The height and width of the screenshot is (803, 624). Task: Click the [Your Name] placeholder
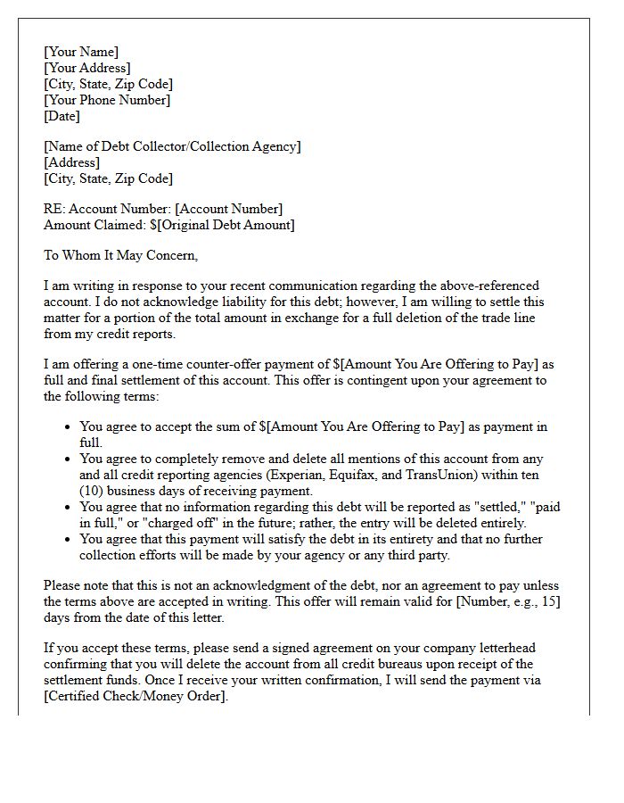[x=81, y=52]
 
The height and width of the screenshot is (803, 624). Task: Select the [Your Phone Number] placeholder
[x=107, y=100]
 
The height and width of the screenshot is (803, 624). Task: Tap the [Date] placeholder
[x=62, y=116]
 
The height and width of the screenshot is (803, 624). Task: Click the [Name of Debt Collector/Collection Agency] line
[x=172, y=146]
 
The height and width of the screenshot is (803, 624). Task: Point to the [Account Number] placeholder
[x=228, y=209]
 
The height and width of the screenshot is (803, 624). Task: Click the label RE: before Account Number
[x=54, y=209]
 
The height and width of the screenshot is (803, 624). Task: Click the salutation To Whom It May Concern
[x=120, y=255]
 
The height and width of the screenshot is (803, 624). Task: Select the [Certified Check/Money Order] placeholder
[x=135, y=696]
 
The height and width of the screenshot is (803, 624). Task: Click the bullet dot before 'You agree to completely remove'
[x=68, y=459]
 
